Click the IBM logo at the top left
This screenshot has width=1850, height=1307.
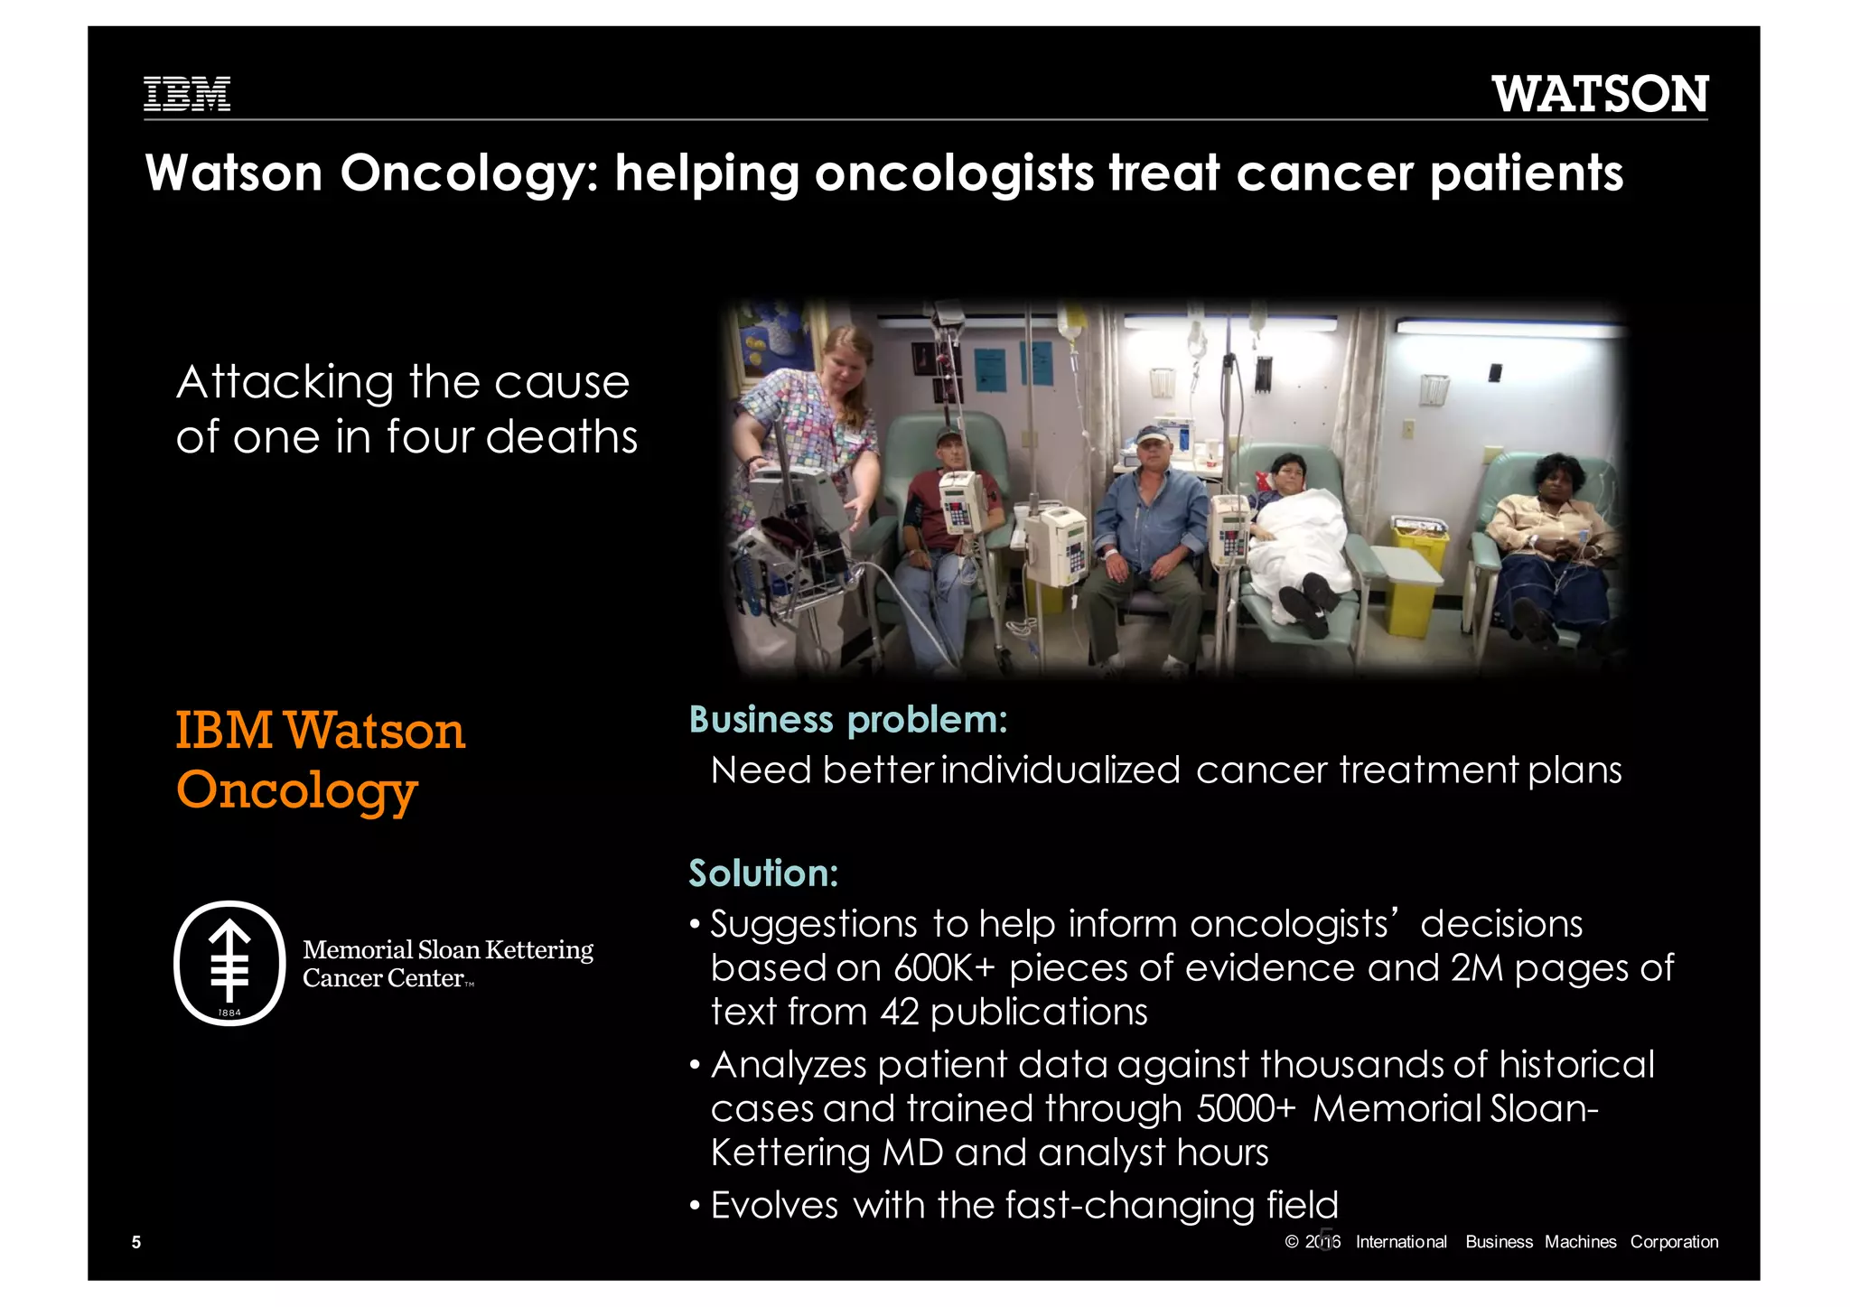click(x=187, y=94)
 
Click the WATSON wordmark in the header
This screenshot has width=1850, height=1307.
click(x=1599, y=94)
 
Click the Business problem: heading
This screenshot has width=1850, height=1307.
click(x=847, y=720)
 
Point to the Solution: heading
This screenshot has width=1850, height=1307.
click(x=763, y=873)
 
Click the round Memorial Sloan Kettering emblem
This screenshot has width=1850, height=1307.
click(x=229, y=963)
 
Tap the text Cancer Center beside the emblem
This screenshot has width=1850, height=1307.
click(x=383, y=978)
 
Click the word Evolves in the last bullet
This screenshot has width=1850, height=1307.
click(x=774, y=1206)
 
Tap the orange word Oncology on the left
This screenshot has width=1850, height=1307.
click(x=296, y=790)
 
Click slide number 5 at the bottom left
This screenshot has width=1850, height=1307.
click(x=136, y=1242)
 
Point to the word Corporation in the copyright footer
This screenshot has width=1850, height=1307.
click(x=1674, y=1242)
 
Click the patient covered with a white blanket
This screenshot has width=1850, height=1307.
click(x=1301, y=533)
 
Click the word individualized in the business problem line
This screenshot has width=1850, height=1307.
click(x=1060, y=770)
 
